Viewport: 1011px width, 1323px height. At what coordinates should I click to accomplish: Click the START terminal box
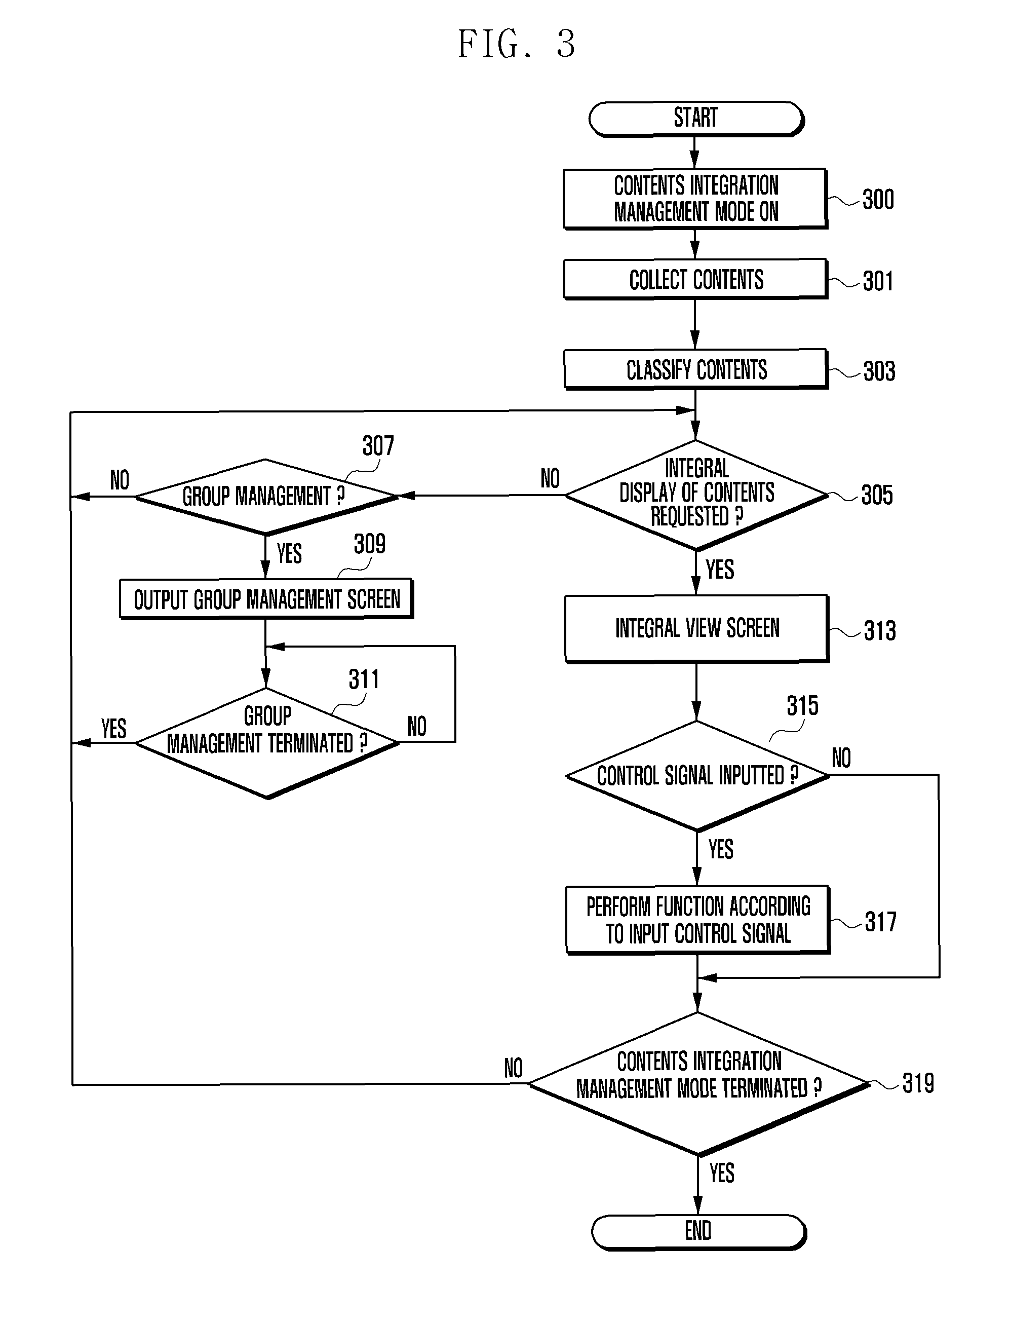pos(695,119)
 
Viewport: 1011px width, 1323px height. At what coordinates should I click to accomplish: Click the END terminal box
pos(698,1231)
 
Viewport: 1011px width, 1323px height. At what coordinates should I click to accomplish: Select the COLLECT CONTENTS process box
pos(695,279)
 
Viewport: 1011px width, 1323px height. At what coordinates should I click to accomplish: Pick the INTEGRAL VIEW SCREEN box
pos(696,628)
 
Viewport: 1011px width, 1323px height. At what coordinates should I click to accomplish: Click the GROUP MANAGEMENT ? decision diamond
pos(265,497)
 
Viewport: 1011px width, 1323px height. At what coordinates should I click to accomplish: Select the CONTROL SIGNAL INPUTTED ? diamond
pos(697,775)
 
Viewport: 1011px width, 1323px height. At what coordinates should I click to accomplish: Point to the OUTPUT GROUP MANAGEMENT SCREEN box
pos(266,599)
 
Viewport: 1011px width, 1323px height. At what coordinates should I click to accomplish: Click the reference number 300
pos(878,199)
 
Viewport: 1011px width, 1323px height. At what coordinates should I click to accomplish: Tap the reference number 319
pos(918,1083)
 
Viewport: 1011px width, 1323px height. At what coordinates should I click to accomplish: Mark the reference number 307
pos(378,446)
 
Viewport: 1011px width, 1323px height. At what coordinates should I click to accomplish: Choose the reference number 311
pos(364,679)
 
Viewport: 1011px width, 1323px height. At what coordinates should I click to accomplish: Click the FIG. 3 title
pos(516,44)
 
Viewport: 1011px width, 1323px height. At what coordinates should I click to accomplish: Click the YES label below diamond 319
pos(722,1173)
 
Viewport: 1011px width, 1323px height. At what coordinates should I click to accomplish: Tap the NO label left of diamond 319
pos(513,1069)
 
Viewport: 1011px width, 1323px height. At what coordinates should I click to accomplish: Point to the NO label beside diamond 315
pos(841,758)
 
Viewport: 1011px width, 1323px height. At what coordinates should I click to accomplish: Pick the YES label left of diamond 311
pos(114,728)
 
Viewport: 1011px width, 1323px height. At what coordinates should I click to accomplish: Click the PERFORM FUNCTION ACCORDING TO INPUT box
pos(697,920)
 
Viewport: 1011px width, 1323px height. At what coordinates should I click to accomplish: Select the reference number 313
pos(879,631)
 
